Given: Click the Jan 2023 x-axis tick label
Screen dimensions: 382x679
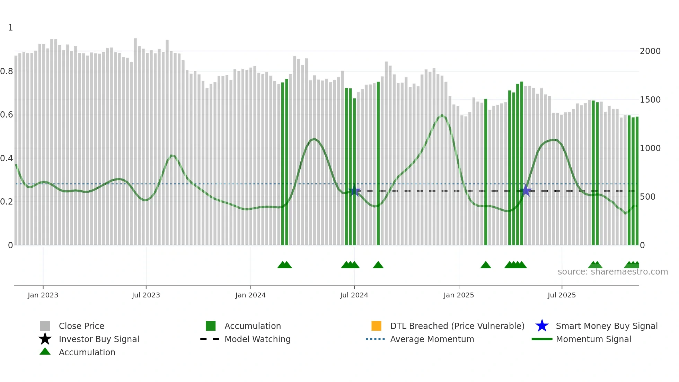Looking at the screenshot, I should tap(43, 295).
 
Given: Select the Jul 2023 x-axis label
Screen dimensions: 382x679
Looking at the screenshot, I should tap(146, 295).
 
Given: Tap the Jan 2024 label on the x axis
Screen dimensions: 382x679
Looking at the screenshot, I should tap(250, 295).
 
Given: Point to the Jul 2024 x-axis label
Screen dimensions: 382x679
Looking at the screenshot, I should tap(354, 295).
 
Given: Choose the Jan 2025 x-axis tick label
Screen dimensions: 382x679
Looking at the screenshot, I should tap(459, 295).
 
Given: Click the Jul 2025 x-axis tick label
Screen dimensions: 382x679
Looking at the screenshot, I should tap(562, 295).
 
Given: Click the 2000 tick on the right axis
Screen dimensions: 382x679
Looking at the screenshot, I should tap(650, 51).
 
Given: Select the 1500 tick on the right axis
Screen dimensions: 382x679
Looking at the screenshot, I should tap(650, 100).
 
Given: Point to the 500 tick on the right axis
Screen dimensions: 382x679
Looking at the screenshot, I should tap(647, 197).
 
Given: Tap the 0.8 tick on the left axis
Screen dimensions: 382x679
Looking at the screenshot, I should tap(7, 71).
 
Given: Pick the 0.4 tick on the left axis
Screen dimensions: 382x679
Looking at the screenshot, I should tap(7, 158).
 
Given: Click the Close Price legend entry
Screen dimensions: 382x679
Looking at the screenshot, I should tap(81, 326).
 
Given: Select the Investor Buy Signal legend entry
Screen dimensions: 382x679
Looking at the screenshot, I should tap(99, 339).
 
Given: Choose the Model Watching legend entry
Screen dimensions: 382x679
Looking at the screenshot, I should tap(257, 339).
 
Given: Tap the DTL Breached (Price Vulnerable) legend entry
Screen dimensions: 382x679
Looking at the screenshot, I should tap(457, 326).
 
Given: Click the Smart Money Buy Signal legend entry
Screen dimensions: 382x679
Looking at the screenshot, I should tap(607, 326).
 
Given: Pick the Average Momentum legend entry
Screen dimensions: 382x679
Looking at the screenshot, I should tap(432, 339).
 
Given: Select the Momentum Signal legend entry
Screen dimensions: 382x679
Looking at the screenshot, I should tap(593, 339).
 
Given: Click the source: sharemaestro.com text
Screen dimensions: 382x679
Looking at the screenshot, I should tap(612, 272).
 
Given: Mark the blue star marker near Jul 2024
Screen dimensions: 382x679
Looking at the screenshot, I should tap(354, 191).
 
